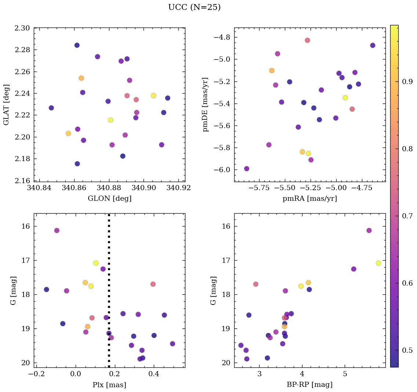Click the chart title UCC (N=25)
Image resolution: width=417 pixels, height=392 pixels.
click(194, 7)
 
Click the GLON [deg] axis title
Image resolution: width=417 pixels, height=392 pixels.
click(109, 199)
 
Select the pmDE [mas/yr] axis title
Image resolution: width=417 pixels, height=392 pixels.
click(206, 104)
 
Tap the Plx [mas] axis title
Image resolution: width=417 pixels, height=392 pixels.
click(109, 385)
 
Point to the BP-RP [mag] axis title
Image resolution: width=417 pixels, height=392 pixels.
click(310, 385)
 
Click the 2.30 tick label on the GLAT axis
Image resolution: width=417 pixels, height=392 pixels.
click(23, 28)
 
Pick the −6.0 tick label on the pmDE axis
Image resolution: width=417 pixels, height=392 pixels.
click(221, 170)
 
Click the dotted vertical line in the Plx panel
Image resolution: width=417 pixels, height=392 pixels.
click(109, 294)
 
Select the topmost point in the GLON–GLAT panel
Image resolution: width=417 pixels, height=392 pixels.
click(77, 45)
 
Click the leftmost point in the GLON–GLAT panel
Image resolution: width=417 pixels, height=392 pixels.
click(51, 108)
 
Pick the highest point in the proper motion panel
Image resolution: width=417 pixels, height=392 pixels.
click(307, 40)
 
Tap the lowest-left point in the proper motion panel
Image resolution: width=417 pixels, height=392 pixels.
click(246, 169)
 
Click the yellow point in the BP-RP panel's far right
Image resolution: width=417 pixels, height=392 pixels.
click(378, 263)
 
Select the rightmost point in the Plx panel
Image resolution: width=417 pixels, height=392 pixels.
click(173, 344)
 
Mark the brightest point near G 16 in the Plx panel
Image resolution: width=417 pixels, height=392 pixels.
click(57, 231)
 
